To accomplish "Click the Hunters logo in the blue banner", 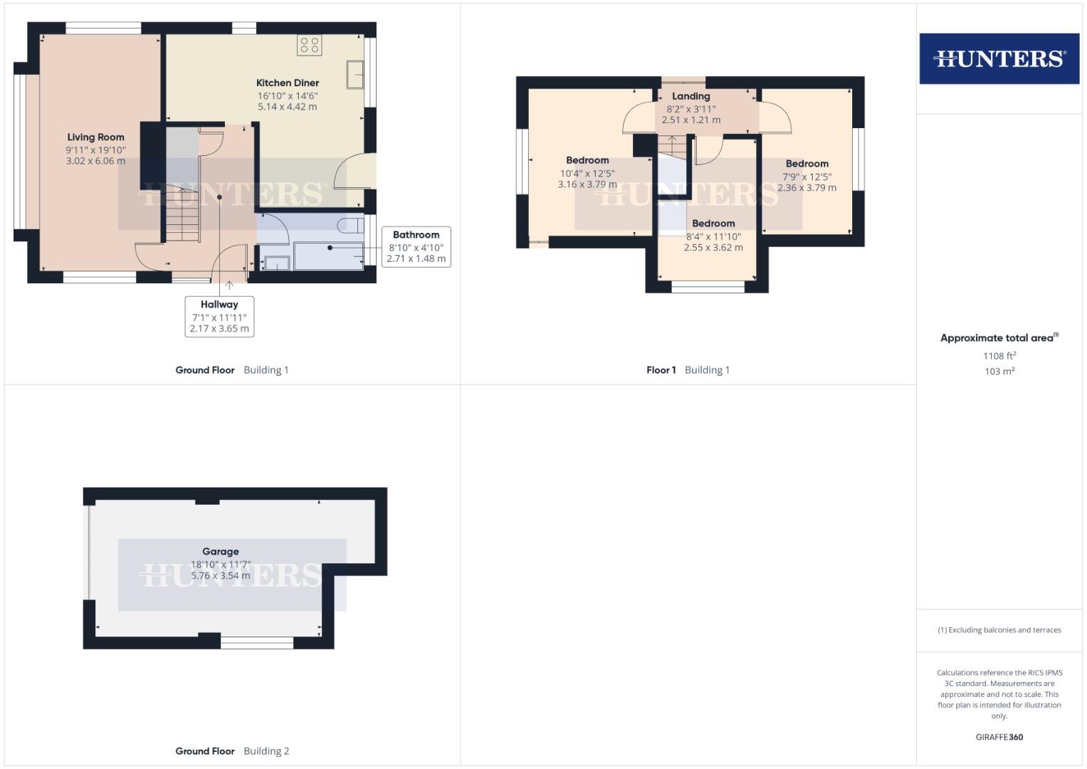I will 999,58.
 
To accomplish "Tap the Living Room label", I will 95,137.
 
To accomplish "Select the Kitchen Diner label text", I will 288,83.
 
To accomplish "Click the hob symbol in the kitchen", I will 310,46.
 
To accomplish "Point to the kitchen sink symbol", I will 355,75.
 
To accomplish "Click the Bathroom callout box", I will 416,246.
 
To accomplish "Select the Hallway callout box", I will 219,316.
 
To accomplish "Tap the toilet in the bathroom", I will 348,226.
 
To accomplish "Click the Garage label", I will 220,551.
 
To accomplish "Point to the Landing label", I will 690,96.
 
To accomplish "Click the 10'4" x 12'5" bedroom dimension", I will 587,173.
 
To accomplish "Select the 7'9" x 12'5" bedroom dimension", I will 807,177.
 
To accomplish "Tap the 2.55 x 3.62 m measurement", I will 713,248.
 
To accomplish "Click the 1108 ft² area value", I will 999,356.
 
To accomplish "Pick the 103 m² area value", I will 999,371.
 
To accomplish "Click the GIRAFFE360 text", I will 999,737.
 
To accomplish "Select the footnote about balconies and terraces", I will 999,630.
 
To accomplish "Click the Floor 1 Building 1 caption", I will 688,370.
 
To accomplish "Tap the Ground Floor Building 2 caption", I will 232,751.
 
